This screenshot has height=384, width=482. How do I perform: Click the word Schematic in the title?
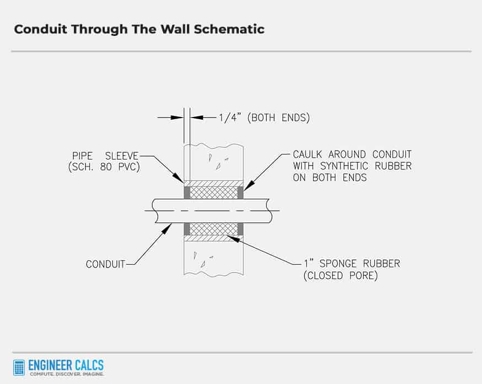coord(229,29)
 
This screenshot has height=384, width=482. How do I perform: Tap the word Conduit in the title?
coord(41,29)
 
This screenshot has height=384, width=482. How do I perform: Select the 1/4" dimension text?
coord(229,118)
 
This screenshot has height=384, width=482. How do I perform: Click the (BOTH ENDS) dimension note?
coord(279,118)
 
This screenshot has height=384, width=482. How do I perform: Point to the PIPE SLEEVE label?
coord(105,156)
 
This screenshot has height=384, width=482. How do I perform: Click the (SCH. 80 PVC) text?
coord(104,167)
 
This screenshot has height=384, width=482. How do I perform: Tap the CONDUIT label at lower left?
coord(105,264)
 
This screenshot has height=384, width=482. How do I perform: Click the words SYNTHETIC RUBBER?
coord(366,166)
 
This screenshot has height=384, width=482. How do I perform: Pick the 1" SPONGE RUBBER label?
coord(352,264)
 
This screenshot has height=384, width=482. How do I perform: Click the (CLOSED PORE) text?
coord(341,275)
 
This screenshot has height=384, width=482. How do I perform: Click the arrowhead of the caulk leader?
coord(245,188)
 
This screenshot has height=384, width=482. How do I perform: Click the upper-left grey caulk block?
coord(187,193)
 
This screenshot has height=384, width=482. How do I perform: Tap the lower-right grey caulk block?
coord(240,229)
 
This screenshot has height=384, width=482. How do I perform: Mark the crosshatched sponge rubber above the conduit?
coord(214,193)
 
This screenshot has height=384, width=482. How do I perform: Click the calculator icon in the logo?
coord(19,367)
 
